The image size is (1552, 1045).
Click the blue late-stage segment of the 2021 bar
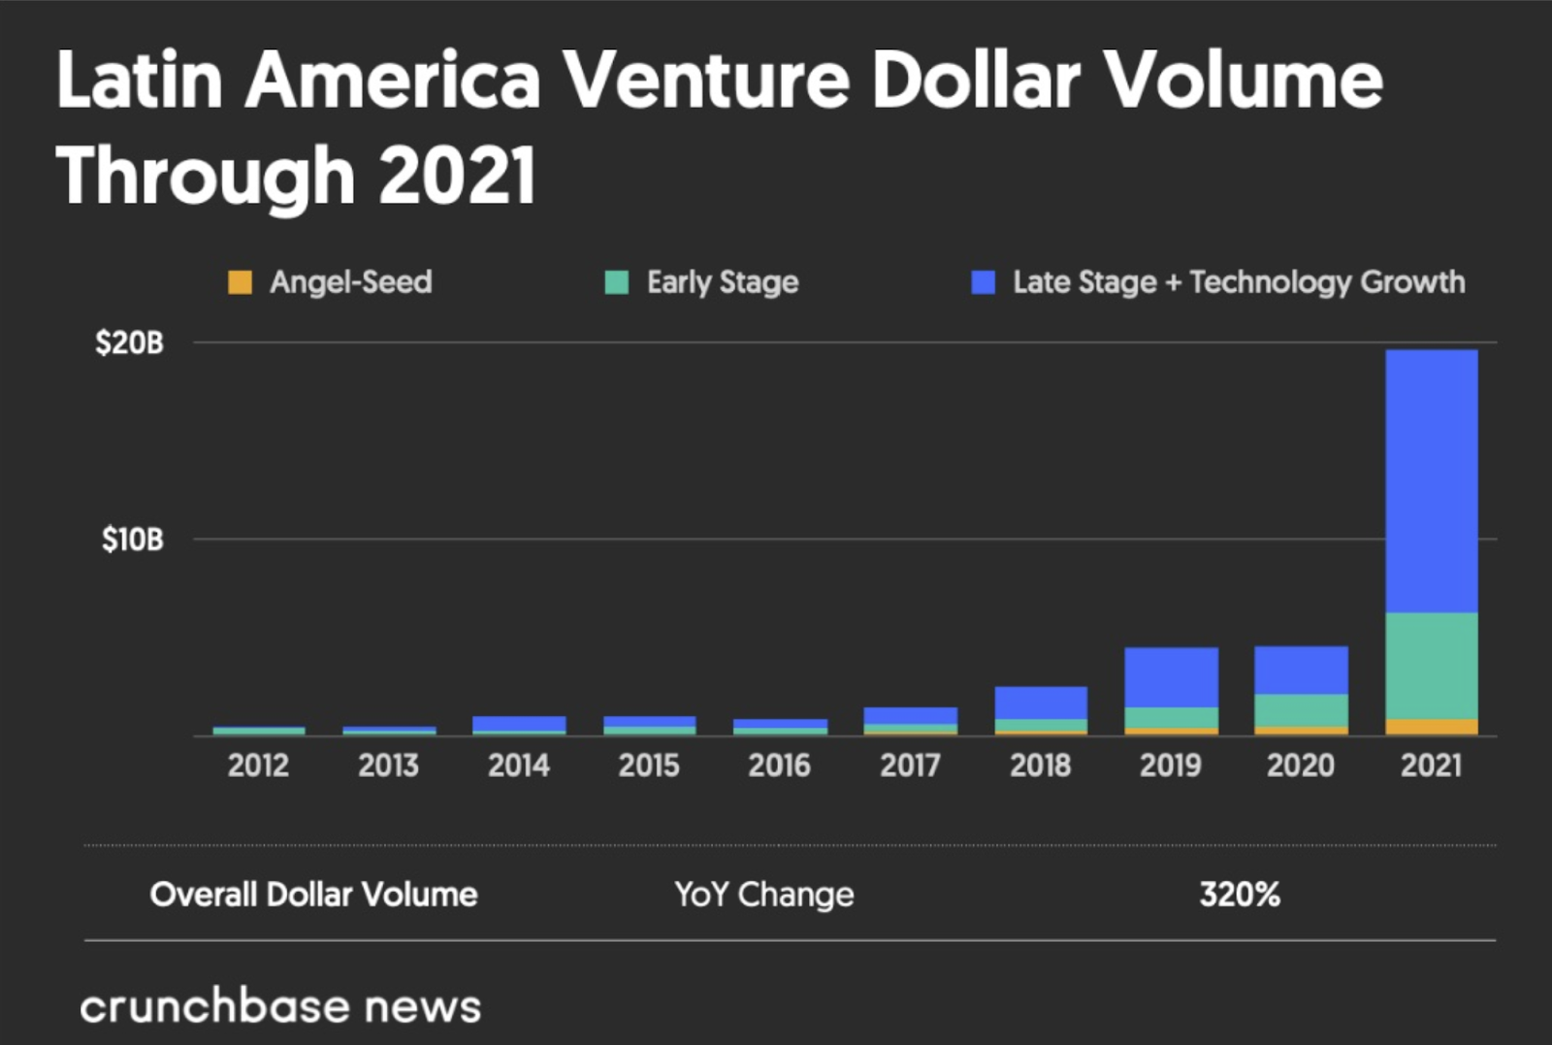(1432, 480)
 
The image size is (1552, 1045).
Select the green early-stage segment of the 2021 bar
(1432, 666)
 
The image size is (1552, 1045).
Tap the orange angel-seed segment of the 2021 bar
(1432, 727)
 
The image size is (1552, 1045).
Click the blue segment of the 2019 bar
(1171, 677)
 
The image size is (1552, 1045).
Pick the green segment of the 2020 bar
(1301, 710)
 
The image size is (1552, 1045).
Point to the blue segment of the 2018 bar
(1041, 702)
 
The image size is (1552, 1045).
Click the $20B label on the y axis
(130, 343)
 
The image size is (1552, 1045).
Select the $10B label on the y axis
(133, 539)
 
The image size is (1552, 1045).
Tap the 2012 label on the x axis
(258, 766)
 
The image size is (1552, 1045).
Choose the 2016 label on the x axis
(779, 766)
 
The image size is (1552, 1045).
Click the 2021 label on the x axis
(1431, 766)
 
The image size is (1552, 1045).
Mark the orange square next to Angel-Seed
(240, 282)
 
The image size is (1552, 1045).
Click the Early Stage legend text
(723, 282)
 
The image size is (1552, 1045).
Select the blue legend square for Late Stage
(984, 282)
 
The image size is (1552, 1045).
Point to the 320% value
(1240, 895)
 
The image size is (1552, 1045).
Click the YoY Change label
(764, 895)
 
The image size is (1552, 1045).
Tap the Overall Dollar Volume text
(313, 895)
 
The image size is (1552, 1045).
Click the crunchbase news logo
(280, 1007)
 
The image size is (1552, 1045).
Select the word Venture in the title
(707, 80)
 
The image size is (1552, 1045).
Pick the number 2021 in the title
(457, 177)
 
